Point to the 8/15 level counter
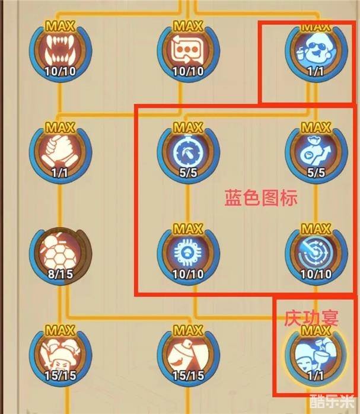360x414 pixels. point(60,274)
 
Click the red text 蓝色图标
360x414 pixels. point(261,198)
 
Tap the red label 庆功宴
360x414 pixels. point(311,318)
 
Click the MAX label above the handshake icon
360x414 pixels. point(60,128)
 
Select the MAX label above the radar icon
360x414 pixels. point(316,229)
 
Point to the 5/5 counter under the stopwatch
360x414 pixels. point(188,173)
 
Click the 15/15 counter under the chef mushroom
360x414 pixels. point(60,375)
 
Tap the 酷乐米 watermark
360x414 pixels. point(333,402)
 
